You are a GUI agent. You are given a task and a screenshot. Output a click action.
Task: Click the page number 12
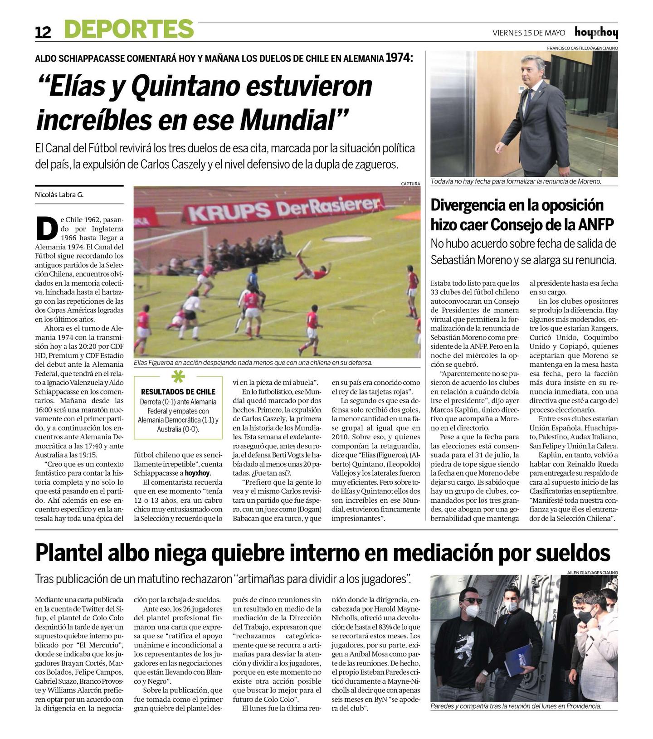coord(43,32)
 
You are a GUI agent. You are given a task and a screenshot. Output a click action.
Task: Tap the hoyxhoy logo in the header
coord(596,32)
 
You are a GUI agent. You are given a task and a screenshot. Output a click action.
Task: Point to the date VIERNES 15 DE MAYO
coord(529,33)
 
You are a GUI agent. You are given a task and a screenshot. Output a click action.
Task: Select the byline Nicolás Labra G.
coord(59,195)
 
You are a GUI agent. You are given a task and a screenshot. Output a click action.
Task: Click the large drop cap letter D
coord(47,229)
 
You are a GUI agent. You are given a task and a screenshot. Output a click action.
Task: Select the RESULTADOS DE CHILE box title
coord(178,392)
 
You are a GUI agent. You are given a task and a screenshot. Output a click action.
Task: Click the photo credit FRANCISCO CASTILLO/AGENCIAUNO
coord(582,48)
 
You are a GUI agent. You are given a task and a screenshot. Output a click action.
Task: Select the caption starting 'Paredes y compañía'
coord(516,706)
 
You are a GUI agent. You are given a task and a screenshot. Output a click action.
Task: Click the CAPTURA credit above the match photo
coord(410,184)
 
